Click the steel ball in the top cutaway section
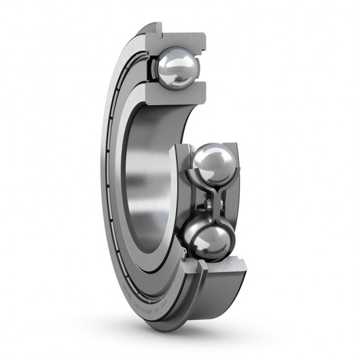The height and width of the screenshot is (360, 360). (178, 68)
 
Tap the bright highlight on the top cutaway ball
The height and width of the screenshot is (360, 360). (182, 62)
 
